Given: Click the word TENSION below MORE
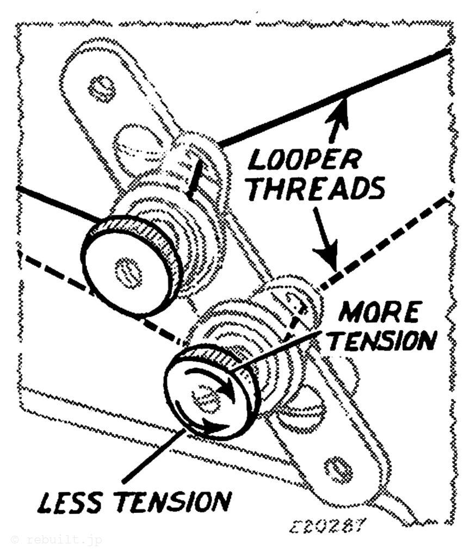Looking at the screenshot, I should tap(384, 341).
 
